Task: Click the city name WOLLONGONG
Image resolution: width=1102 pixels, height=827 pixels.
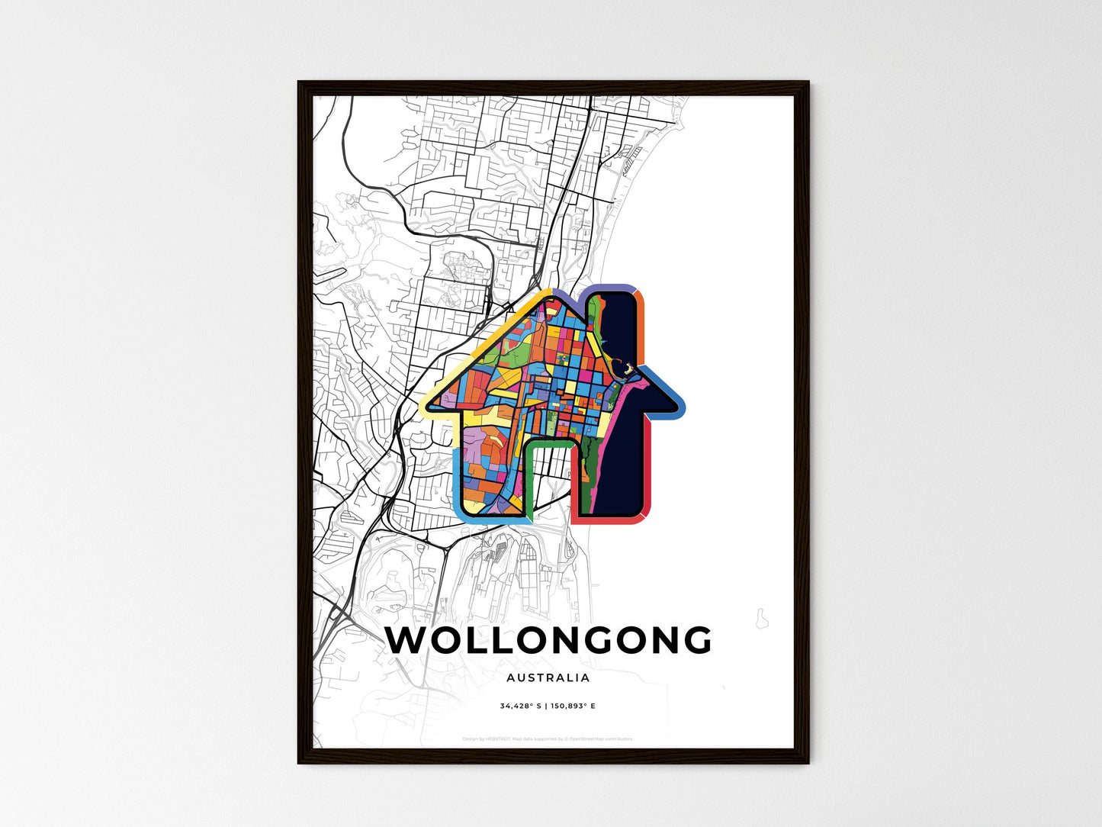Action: coord(548,641)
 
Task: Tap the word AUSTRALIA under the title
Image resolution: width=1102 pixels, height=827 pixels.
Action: coord(548,677)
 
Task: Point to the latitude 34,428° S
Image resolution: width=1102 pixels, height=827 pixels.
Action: coord(521,706)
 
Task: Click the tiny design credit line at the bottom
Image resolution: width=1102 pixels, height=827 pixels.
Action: coord(548,739)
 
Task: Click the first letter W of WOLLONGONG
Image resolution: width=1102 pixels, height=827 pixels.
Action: coord(405,641)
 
